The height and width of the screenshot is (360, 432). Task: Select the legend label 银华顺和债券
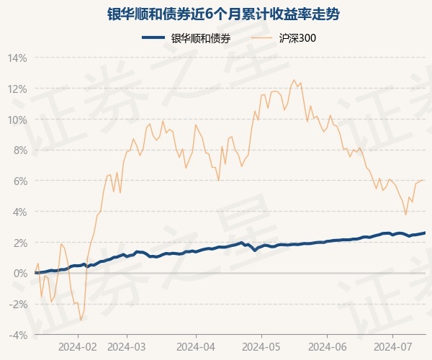pyautogui.click(x=202, y=38)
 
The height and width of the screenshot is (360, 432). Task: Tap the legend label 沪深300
pyautogui.click(x=297, y=38)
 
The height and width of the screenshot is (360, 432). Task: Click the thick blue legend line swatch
pyautogui.click(x=155, y=38)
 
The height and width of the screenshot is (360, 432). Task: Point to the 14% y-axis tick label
pyautogui.click(x=18, y=58)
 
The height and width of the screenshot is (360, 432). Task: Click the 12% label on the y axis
pyautogui.click(x=18, y=89)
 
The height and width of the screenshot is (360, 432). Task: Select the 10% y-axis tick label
pyautogui.click(x=18, y=120)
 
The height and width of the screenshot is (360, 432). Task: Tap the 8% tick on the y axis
pyautogui.click(x=20, y=150)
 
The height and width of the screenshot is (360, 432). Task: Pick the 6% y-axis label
pyautogui.click(x=20, y=181)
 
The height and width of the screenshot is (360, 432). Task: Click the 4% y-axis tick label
pyautogui.click(x=20, y=212)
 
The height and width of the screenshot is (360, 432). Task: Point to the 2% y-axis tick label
pyautogui.click(x=20, y=243)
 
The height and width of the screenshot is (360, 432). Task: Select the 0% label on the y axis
pyautogui.click(x=20, y=274)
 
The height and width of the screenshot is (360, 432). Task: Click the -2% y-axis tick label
pyautogui.click(x=18, y=305)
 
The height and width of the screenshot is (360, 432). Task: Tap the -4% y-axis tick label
pyautogui.click(x=18, y=335)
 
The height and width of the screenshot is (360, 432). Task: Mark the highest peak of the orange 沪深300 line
pyautogui.click(x=294, y=80)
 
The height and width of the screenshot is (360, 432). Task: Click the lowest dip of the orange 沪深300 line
pyautogui.click(x=81, y=320)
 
